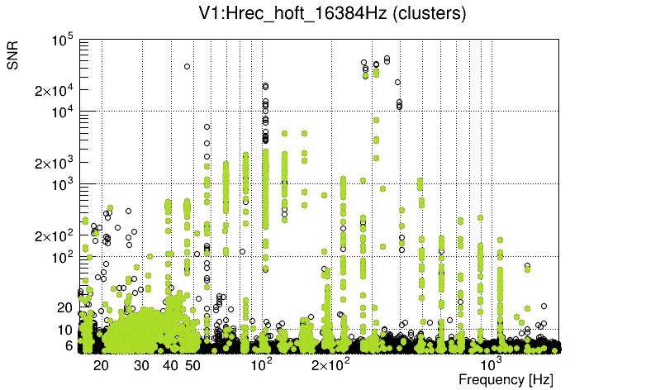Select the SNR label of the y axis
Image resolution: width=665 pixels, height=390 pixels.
coord(13,55)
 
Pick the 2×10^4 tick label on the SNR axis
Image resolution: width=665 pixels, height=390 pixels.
coord(55,91)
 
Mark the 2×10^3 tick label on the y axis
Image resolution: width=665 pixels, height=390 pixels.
coord(55,164)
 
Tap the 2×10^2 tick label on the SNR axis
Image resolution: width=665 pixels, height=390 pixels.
coord(55,236)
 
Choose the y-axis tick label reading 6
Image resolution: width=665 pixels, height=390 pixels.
coord(70,346)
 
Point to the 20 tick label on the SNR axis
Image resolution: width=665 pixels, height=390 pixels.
coord(66,307)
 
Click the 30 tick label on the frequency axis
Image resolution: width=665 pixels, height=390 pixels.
coord(141,365)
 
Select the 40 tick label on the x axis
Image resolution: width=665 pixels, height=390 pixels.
coord(170,365)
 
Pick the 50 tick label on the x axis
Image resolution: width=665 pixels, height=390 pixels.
coord(192,365)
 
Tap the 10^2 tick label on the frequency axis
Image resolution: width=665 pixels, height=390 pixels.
coord(261,364)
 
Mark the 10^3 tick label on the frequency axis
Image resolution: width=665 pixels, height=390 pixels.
coord(492,364)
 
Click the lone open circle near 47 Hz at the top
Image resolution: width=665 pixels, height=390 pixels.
coord(187,66)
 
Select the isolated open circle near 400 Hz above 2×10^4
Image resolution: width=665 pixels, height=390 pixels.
coord(397,83)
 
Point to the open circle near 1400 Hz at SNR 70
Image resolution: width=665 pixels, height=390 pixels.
coord(527,265)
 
